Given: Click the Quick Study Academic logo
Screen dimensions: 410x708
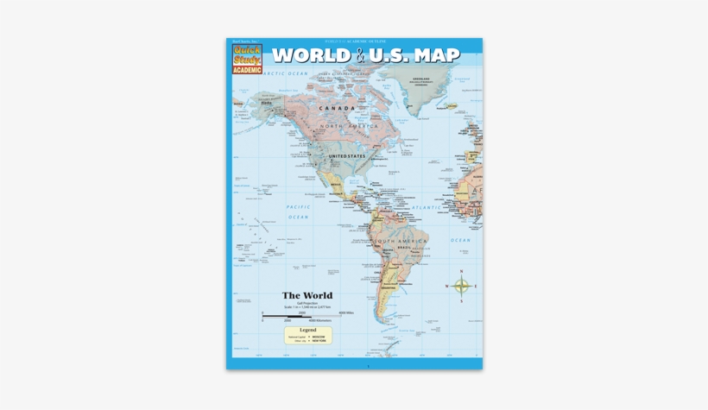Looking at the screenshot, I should pyautogui.click(x=247, y=59).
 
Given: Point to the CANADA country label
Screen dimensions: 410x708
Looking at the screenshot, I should pyautogui.click(x=337, y=109).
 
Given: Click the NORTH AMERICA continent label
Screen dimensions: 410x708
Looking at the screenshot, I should pyautogui.click(x=345, y=126).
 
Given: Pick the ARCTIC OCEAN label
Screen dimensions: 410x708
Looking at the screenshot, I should pyautogui.click(x=286, y=74).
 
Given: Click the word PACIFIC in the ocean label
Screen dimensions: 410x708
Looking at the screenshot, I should pyautogui.click(x=299, y=207).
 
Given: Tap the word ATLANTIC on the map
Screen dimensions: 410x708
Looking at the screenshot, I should pyautogui.click(x=426, y=207).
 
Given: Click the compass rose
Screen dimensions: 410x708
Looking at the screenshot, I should pyautogui.click(x=462, y=286).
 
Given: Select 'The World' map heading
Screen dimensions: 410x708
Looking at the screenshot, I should pyautogui.click(x=307, y=296).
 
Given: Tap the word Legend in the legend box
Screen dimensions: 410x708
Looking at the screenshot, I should pyautogui.click(x=307, y=330).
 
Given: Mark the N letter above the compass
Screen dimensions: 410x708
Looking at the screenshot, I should pyautogui.click(x=462, y=271).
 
